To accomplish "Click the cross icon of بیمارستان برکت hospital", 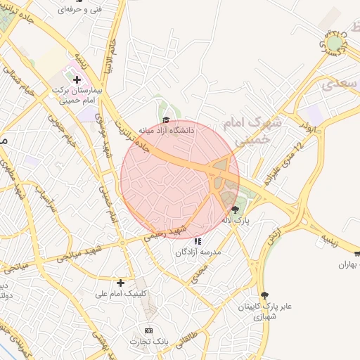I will click(77, 80).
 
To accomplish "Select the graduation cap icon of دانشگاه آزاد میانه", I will click(167, 121).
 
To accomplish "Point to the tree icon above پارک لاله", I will click(235, 209).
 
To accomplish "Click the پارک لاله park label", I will click(237, 220).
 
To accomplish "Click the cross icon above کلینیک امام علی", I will click(121, 283).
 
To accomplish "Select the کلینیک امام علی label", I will click(121, 293).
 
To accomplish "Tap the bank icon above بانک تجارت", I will click(148, 330).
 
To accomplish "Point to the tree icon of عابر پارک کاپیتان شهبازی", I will click(264, 295).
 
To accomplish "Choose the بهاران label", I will click(349, 265).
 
